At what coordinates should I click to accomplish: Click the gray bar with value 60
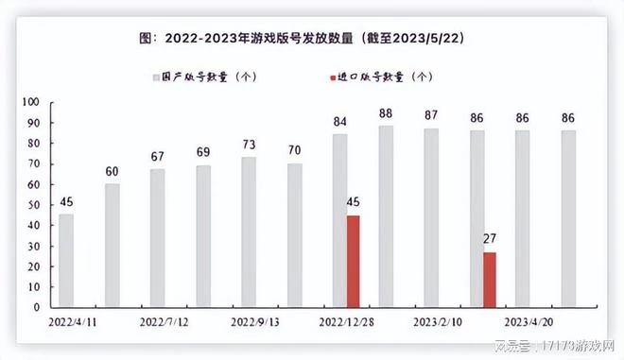coord(113,246)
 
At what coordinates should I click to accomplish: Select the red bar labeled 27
coord(489,280)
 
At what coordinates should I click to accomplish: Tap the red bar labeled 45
coord(353,261)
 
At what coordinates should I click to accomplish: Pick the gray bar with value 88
coord(386,216)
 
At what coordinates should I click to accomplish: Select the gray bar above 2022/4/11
coord(66,261)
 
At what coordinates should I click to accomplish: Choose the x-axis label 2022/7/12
coord(165,321)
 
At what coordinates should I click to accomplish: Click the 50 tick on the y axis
coord(33,204)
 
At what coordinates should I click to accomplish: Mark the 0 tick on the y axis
coord(36,307)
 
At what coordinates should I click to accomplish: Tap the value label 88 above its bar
coord(386,113)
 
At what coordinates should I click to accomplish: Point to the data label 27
coord(489,240)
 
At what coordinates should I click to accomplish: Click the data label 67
coord(157,157)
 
